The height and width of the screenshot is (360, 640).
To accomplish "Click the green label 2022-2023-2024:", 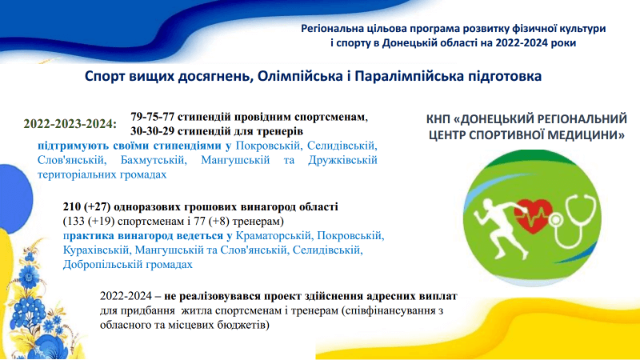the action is point(70,124).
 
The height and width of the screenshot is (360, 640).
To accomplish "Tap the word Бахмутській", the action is point(154,160).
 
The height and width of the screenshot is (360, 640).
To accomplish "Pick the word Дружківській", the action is point(342,160).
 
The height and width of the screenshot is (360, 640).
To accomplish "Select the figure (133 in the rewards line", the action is point(74,222).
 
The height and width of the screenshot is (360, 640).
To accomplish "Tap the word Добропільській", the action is point(98,265).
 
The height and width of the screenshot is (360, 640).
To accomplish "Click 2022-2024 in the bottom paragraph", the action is point(126,296).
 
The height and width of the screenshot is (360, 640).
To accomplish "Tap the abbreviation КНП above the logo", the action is point(438,119).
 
